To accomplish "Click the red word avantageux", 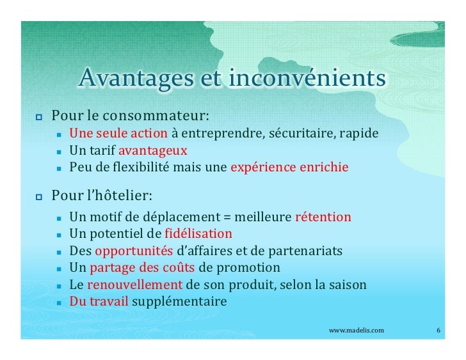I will click(x=152, y=151).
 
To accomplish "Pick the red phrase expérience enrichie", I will click(x=289, y=168).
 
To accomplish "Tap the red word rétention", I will click(x=323, y=217).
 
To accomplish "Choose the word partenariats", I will click(x=306, y=251).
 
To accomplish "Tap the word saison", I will click(x=348, y=284).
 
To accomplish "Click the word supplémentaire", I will click(x=179, y=301).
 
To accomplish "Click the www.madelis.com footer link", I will click(x=357, y=330).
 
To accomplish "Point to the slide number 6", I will click(x=438, y=330).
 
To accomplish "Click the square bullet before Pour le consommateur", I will click(x=38, y=118).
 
